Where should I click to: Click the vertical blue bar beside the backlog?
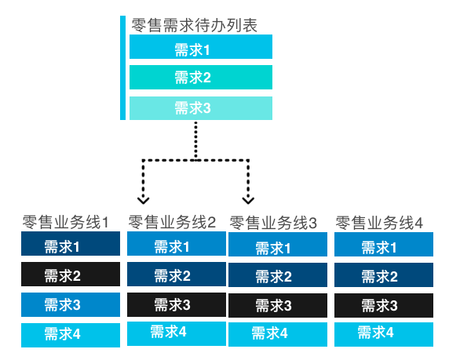pyautogui.click(x=122, y=67)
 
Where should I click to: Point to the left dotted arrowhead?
pyautogui.click(x=143, y=197)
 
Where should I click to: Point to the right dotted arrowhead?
pyautogui.click(x=249, y=197)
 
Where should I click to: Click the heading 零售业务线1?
pyautogui.click(x=65, y=222)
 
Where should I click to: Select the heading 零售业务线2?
pyautogui.click(x=172, y=222)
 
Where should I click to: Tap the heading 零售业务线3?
pyautogui.click(x=273, y=223)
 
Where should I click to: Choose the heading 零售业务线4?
pyautogui.click(x=380, y=223)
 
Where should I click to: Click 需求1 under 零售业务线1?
pyautogui.click(x=70, y=245)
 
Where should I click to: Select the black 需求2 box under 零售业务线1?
pyautogui.click(x=70, y=275)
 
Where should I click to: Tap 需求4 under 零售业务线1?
pyautogui.click(x=70, y=334)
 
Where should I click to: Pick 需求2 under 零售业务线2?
pyautogui.click(x=176, y=275)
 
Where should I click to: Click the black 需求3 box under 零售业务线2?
pyautogui.click(x=176, y=304)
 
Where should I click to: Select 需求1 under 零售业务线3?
pyautogui.click(x=277, y=248)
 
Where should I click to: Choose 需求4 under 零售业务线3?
pyautogui.click(x=277, y=334)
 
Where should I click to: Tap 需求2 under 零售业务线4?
pyautogui.click(x=384, y=276)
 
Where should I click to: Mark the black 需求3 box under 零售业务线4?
pyautogui.click(x=384, y=305)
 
